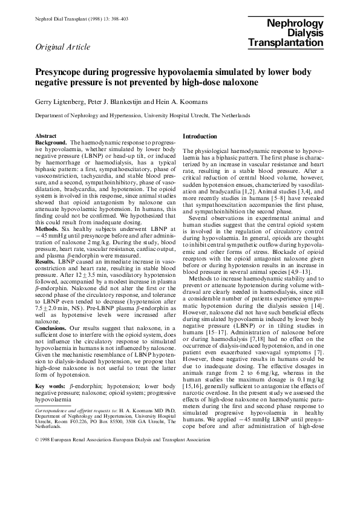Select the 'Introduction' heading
199,137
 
